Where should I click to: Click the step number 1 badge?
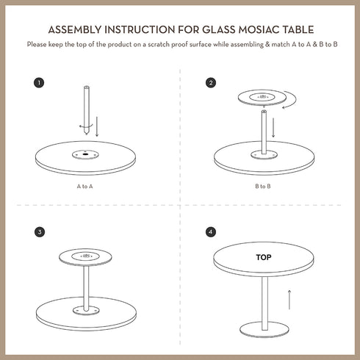(x=39, y=83)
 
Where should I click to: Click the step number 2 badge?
(x=212, y=83)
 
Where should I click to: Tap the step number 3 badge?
(x=39, y=231)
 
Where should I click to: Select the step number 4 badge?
(x=212, y=231)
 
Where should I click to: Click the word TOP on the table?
(x=263, y=258)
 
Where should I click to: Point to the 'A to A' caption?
(x=85, y=187)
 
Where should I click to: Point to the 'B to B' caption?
(x=263, y=187)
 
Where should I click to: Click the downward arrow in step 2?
(x=274, y=126)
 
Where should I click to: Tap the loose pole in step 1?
(x=87, y=110)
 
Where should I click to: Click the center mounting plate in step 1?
(x=87, y=154)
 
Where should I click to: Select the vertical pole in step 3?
(x=87, y=287)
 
